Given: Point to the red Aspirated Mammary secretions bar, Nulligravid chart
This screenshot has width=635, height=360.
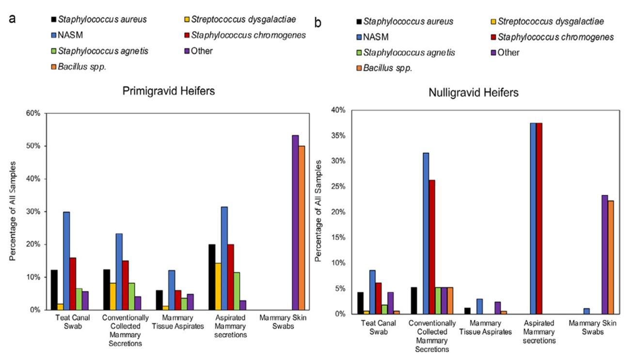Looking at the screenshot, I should (539, 219).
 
